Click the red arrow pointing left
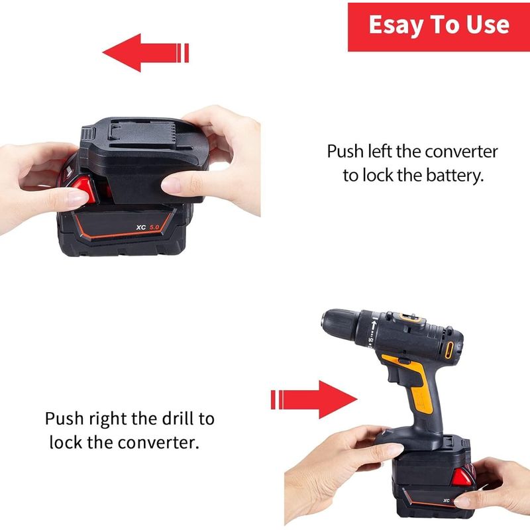145,53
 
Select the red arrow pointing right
314,399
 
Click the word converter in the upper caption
461,152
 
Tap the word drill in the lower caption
178,419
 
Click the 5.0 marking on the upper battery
154,227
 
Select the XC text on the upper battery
141,227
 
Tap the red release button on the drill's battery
462,479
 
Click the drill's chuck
340,325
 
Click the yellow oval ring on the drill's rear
449,350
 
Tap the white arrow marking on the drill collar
374,327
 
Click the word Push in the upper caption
345,152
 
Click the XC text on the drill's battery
447,501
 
